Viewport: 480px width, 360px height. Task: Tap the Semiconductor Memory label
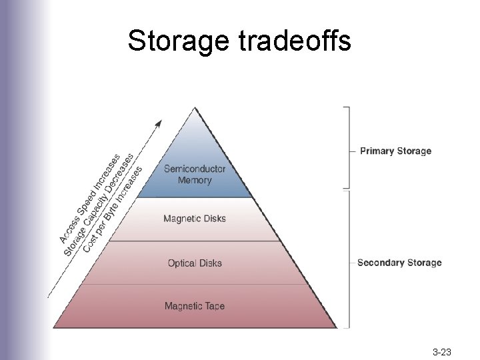pyautogui.click(x=195, y=175)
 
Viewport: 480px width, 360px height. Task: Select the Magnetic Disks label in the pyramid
pyautogui.click(x=195, y=219)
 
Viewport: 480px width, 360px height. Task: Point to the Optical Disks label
pyautogui.click(x=195, y=263)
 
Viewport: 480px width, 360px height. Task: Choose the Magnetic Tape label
pyautogui.click(x=195, y=307)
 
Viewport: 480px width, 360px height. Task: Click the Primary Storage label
pyautogui.click(x=395, y=151)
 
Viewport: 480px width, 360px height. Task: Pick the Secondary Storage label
pyautogui.click(x=399, y=263)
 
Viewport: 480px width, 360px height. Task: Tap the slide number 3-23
pyautogui.click(x=442, y=351)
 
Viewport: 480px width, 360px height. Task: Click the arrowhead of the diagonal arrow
pyautogui.click(x=159, y=123)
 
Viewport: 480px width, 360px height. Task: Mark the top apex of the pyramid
pyautogui.click(x=195, y=108)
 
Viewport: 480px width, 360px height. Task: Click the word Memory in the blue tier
pyautogui.click(x=195, y=180)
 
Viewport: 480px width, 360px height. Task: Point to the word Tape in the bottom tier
pyautogui.click(x=214, y=307)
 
